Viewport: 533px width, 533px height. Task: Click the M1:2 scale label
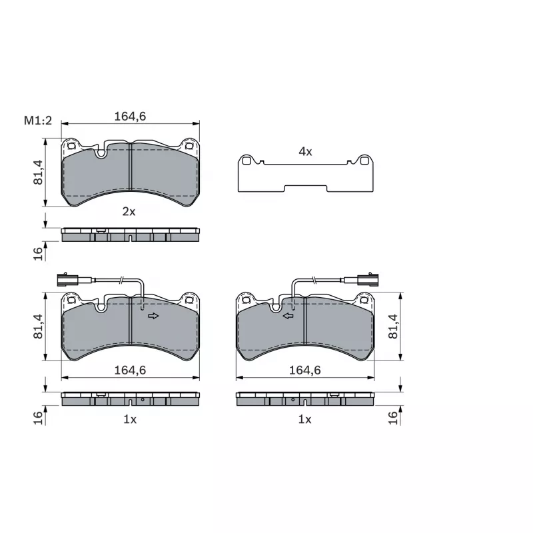point(38,121)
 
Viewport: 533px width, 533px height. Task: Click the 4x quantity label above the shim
point(305,152)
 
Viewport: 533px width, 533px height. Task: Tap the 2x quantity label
point(129,212)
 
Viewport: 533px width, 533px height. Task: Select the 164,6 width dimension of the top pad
point(130,116)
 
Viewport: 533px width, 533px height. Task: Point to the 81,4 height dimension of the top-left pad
point(38,173)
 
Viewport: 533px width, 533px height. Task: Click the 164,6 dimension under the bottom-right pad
point(305,370)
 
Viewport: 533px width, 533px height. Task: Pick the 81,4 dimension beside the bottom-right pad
point(392,326)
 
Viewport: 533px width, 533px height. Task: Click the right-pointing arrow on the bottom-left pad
point(153,316)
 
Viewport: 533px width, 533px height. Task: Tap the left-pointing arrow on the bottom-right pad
point(288,316)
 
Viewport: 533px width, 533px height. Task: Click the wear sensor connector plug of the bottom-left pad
point(68,280)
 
